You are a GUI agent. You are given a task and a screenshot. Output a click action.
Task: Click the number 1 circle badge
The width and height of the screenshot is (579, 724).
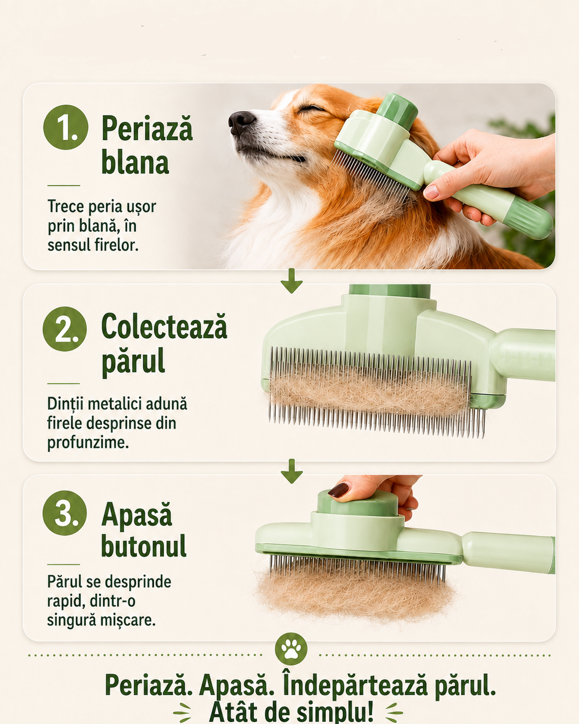[66, 127]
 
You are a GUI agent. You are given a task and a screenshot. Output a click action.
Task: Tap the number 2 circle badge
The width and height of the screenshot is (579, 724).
[65, 329]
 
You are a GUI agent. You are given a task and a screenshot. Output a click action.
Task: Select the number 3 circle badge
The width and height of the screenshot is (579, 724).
[65, 513]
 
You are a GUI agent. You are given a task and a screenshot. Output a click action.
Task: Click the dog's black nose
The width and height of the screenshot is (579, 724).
[242, 122]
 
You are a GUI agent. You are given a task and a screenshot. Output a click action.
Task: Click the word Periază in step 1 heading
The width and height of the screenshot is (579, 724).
[147, 128]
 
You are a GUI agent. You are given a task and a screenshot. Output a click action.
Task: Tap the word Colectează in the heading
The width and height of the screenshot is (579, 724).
[165, 326]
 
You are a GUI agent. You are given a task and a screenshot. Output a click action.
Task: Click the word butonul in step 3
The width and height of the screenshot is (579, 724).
[143, 545]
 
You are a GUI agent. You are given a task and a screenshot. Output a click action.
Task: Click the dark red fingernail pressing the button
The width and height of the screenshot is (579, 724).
[339, 490]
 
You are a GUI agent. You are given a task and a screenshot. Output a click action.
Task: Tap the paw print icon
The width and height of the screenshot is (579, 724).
[291, 649]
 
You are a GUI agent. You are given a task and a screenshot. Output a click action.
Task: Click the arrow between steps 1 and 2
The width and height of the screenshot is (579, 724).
[292, 280]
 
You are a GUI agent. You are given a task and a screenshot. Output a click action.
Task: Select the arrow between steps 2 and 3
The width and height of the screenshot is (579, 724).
[292, 470]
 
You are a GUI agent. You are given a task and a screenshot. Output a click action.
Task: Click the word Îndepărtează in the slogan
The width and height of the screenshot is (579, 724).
[355, 685]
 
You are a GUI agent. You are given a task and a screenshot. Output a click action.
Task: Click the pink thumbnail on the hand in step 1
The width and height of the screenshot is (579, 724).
[431, 192]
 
